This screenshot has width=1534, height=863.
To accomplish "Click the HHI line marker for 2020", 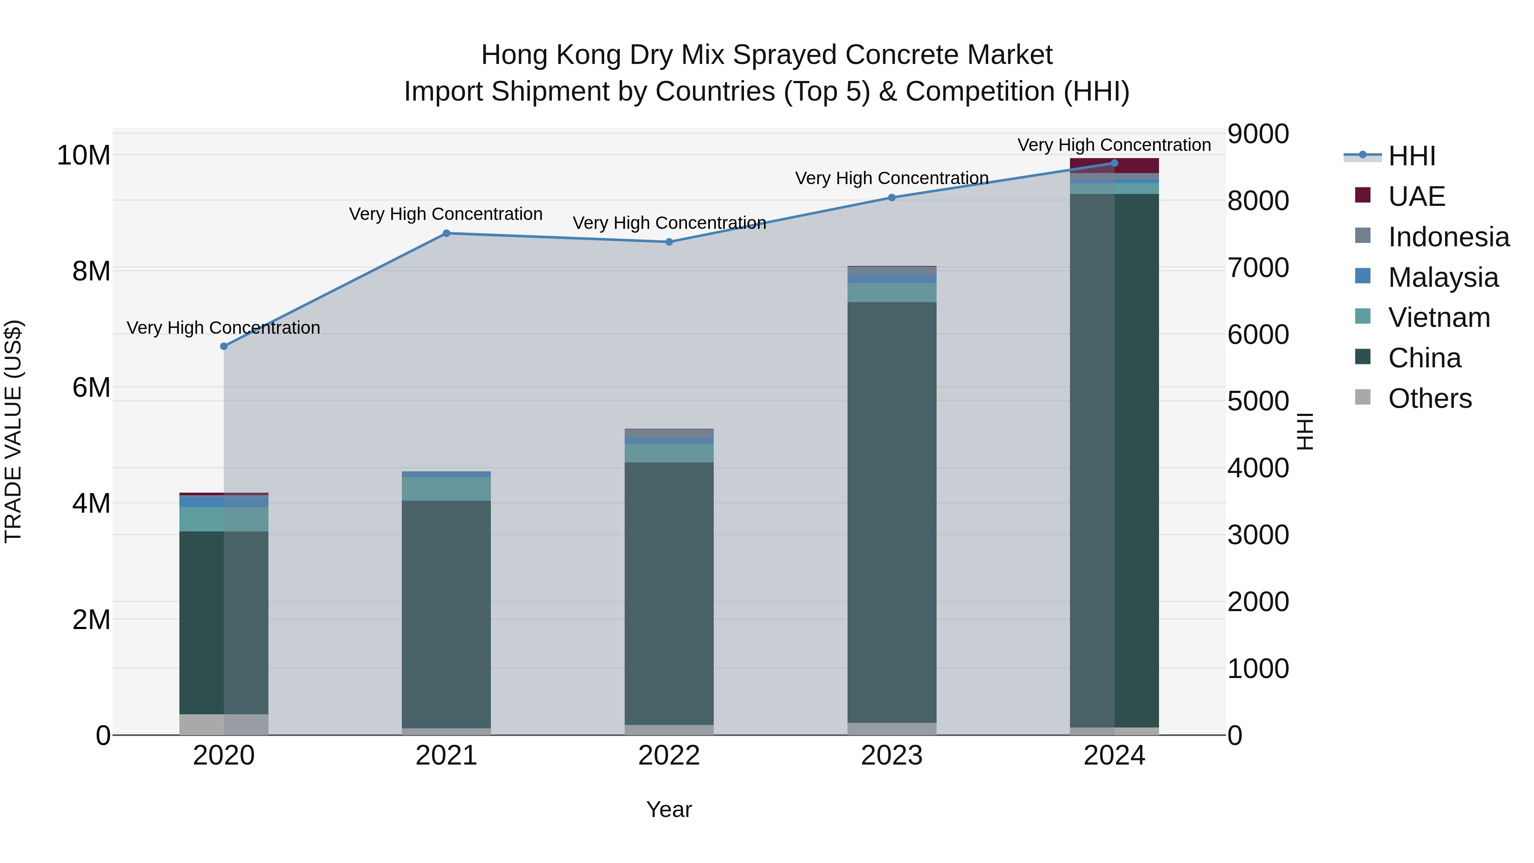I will (224, 346).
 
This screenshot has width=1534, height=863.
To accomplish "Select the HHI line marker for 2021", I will (447, 234).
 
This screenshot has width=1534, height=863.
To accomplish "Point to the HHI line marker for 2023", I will (891, 198).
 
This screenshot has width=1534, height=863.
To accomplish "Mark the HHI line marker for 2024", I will (1114, 163).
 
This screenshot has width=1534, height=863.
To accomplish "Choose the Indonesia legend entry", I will (1448, 237).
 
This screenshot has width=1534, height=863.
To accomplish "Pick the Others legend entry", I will (1429, 398).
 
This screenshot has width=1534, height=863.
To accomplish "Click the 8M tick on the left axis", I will (91, 271).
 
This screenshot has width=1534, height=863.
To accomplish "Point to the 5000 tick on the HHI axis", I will (1258, 401).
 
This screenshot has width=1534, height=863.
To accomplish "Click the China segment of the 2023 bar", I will (891, 512).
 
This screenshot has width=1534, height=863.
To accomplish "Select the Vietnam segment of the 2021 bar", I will (447, 489).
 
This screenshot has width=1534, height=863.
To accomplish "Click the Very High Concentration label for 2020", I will (223, 328).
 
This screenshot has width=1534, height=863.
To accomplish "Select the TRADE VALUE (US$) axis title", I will (13, 431).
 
